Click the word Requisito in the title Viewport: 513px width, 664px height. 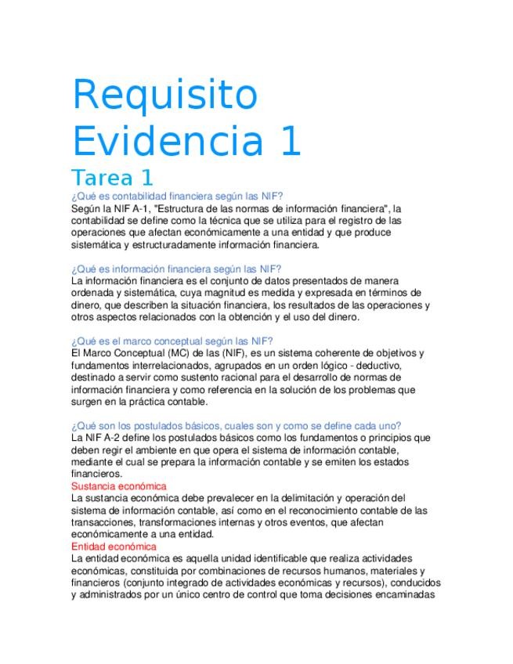pyautogui.click(x=164, y=96)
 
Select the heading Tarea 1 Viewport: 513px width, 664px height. pyautogui.click(x=112, y=178)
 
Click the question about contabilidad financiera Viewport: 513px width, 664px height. pyautogui.click(x=176, y=196)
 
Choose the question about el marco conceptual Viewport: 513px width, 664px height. pyautogui.click(x=172, y=341)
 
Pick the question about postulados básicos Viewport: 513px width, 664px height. pyautogui.click(x=236, y=425)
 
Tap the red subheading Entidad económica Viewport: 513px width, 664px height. pyautogui.click(x=114, y=546)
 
